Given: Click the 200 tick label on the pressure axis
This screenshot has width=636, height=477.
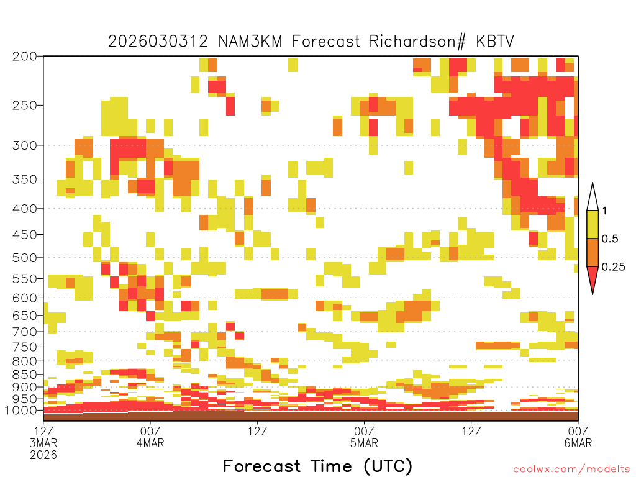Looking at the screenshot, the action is point(24,57).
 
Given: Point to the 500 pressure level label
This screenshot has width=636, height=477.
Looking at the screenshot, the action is point(24,258).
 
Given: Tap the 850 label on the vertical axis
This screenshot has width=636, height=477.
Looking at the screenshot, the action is point(24,375).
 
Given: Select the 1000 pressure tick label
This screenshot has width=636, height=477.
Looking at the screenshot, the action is point(21,411).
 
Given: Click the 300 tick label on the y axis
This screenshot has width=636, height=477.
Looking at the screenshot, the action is point(24,145).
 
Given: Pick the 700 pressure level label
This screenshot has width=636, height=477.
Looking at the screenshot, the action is point(24,332).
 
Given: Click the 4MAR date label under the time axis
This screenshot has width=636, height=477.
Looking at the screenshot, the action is point(150,443).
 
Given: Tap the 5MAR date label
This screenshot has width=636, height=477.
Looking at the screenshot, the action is point(364,443).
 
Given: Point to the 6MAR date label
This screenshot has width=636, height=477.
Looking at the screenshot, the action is point(578,443).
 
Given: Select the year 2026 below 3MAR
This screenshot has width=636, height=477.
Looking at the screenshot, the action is point(43,455).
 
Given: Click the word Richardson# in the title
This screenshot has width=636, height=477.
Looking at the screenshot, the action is point(418,42).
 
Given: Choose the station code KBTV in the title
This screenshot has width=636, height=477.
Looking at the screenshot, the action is point(495,42).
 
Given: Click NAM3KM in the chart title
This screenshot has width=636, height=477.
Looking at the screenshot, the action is point(250,42).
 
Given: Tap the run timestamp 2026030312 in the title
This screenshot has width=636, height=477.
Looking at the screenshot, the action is point(158,42).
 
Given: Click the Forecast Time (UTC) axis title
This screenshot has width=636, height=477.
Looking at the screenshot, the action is point(317,466).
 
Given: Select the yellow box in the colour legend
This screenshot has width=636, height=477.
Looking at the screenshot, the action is point(593,224).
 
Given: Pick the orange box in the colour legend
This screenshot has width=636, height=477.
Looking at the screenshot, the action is point(593,252).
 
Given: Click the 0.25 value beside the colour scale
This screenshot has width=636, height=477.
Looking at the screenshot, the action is point(613,267).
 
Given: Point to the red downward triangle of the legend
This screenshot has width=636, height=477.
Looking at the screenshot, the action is point(593,278).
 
